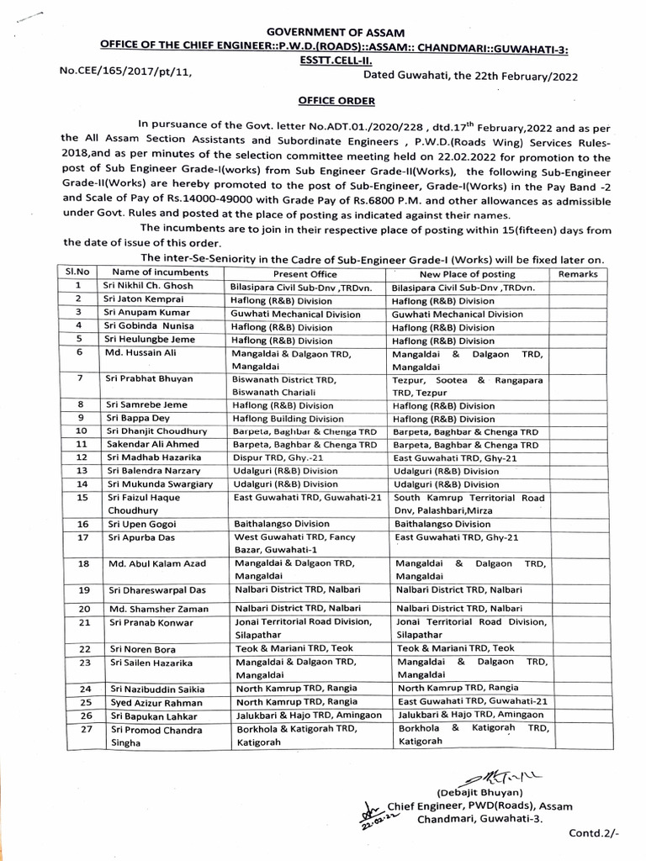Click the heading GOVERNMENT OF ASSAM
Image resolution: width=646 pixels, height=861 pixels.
click(322, 31)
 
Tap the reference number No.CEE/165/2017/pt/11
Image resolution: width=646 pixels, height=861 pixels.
click(126, 72)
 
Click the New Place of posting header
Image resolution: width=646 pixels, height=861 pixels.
click(467, 273)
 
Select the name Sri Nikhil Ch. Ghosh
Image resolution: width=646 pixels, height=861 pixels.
click(148, 286)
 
